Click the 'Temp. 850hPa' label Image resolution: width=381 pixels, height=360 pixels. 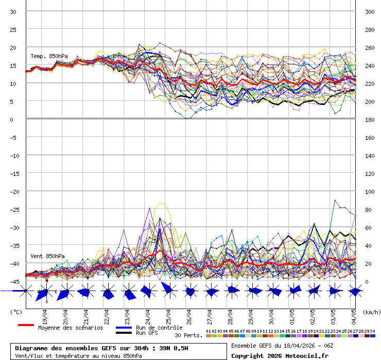point(49,56)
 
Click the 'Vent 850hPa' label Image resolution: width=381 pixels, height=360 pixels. point(47,256)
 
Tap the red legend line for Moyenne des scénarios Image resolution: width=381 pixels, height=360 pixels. point(26,325)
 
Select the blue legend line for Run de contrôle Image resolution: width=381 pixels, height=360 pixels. point(124,328)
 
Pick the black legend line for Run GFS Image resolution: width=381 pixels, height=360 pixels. point(124,333)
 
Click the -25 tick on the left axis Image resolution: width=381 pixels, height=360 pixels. point(13,209)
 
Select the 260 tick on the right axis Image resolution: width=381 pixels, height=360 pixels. point(370,47)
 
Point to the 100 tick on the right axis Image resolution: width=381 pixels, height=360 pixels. point(370,191)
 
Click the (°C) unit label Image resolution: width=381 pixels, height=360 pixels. point(16,312)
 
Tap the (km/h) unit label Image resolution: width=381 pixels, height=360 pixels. point(371,312)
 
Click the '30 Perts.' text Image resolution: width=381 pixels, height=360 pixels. point(188,335)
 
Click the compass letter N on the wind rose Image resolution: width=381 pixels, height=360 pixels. point(47,281)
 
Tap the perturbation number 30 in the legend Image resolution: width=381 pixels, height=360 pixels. point(372,331)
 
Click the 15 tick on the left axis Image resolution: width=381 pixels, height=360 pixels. point(14,65)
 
